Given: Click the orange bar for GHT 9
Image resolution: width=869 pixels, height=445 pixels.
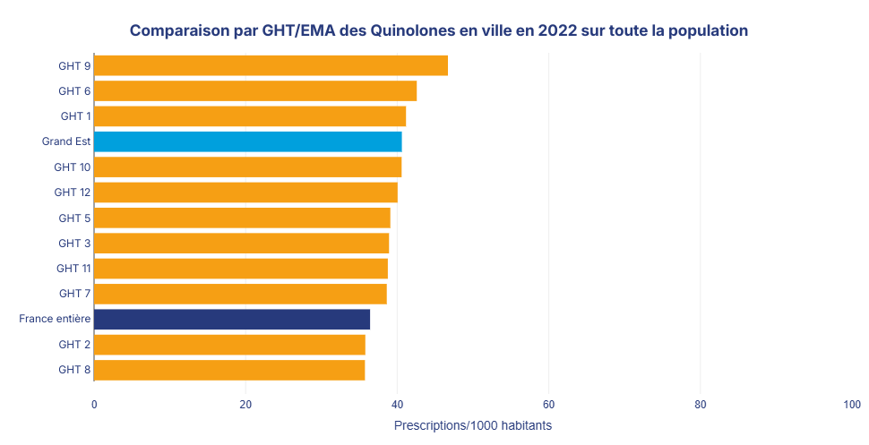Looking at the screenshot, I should pos(271,65).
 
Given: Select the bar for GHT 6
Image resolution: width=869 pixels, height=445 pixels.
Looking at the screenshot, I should pos(255,90).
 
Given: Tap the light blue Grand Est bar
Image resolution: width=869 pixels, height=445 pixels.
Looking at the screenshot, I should pos(247,141).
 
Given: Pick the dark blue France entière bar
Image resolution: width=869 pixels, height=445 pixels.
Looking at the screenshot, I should pos(232,319).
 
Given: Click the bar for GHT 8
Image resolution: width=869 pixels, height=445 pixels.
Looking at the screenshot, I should pos(229,370).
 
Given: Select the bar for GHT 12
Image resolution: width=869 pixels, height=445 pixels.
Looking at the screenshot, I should pos(245,193).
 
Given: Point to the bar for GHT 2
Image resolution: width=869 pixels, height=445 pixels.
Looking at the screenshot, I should pos(229,345).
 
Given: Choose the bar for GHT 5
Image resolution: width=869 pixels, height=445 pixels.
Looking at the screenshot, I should pos(242,218).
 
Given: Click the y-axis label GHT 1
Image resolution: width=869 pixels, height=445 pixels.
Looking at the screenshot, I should pos(75,116).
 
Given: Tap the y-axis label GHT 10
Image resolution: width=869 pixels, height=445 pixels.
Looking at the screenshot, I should pos(72,167).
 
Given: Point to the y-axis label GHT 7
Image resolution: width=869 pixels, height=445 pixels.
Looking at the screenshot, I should pos(74,294).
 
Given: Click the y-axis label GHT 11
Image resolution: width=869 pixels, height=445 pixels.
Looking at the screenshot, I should pos(73,269).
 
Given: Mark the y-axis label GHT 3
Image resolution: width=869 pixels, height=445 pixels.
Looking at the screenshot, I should pos(74,244).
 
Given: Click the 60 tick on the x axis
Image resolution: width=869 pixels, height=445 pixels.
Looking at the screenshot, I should pos(549,405).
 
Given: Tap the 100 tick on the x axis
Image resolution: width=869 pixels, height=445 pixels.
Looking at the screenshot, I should pos(852,405).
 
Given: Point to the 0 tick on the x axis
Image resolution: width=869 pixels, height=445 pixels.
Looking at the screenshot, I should pos(94,405).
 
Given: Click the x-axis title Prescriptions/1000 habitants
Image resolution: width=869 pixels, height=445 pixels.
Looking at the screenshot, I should pos(473,425).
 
